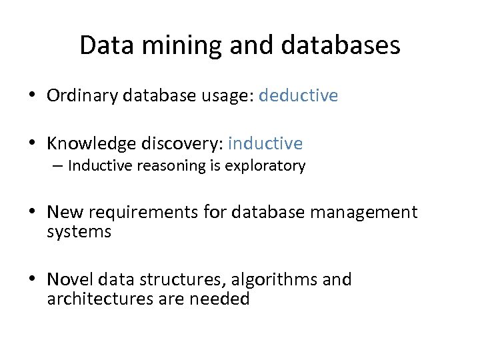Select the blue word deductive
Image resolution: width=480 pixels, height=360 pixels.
point(298,96)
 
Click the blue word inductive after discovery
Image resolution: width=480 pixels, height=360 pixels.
point(265,143)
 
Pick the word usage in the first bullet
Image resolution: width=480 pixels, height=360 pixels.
point(225,96)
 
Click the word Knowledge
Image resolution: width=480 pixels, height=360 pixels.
point(90,143)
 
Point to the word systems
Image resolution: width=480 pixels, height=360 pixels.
point(79,232)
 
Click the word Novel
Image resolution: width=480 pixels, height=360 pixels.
point(68,280)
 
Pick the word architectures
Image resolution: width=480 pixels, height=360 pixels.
point(101,299)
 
